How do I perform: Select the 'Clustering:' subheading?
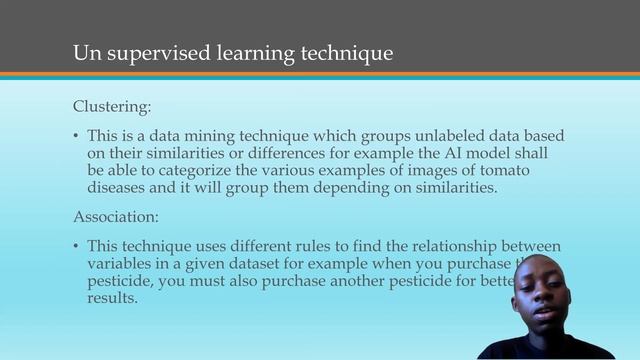click(113, 106)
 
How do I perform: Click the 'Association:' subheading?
click(116, 216)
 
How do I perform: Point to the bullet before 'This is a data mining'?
click(77, 135)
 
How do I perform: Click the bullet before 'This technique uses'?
click(77, 246)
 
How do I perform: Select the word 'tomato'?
click(533, 171)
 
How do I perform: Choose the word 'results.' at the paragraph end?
click(112, 299)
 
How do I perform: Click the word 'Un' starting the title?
click(85, 53)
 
